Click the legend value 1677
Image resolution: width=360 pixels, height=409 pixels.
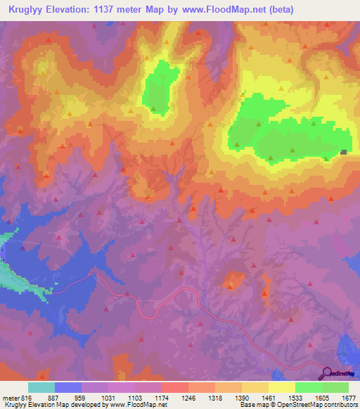pyautogui.click(x=348, y=397)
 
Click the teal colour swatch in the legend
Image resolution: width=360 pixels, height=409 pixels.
pyautogui.click(x=41, y=387)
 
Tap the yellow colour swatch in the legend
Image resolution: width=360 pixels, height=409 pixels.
pyautogui.click(x=281, y=387)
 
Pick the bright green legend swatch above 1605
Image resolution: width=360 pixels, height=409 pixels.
pyautogui.click(x=308, y=387)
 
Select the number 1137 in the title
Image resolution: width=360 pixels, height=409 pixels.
pyautogui.click(x=108, y=9)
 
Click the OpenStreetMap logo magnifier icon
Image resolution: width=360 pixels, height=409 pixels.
pyautogui.click(x=326, y=372)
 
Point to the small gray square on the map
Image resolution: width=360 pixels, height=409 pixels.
pyautogui.click(x=344, y=152)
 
